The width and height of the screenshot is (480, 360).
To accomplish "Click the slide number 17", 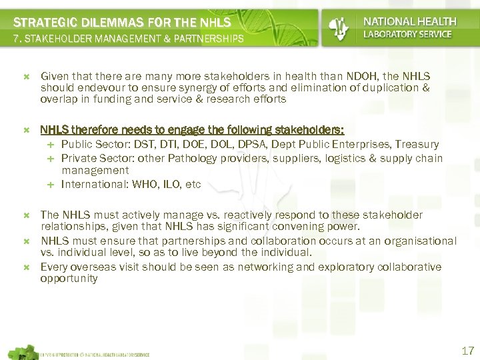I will pyautogui.click(x=467, y=351).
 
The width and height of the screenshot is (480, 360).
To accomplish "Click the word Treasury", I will pyautogui.click(x=417, y=144).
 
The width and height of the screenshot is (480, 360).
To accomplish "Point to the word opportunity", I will pyautogui.click(x=69, y=279).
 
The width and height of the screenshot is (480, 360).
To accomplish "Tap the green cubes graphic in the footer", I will pyautogui.click(x=21, y=351).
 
